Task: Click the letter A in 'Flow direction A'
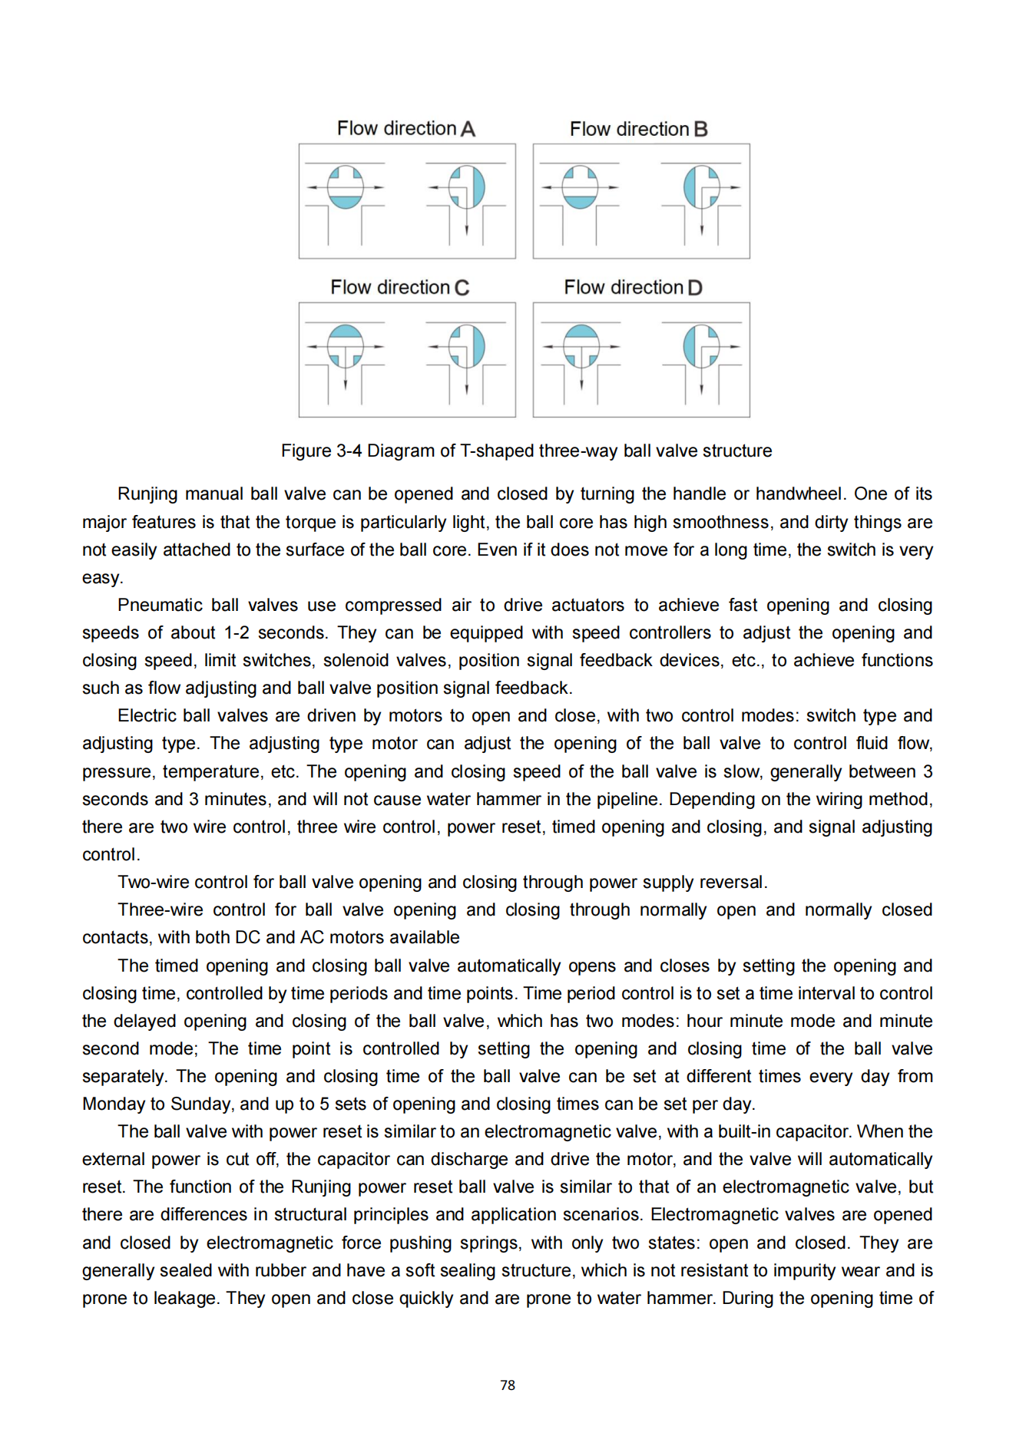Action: (468, 129)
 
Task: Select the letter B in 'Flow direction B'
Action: (700, 130)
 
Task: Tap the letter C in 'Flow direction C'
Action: (462, 288)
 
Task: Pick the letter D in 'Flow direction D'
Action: (695, 288)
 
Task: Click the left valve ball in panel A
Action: (346, 187)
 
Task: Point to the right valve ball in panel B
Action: (701, 187)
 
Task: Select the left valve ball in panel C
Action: (346, 346)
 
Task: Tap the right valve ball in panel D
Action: (701, 346)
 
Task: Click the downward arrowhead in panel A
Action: (467, 230)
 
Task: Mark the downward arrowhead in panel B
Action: (701, 230)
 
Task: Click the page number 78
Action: (508, 1385)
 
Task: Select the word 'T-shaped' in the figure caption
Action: (492, 451)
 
